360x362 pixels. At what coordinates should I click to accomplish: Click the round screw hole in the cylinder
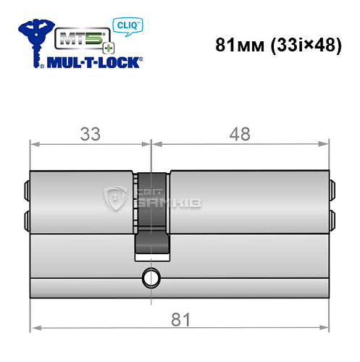[x=151, y=277]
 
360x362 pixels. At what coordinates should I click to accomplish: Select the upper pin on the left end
[x=27, y=188]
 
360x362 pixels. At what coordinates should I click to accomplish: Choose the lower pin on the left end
[x=27, y=219]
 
